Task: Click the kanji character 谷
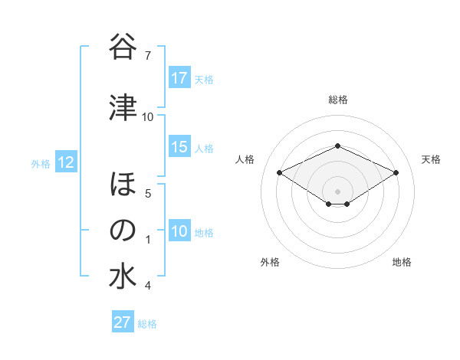[x=122, y=47]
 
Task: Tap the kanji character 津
[x=122, y=109]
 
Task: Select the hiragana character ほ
[x=122, y=185]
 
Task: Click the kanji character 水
[x=122, y=277]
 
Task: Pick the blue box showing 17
[x=179, y=78]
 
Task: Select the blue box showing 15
[x=179, y=147]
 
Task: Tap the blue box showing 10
[x=179, y=231]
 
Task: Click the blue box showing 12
[x=65, y=162]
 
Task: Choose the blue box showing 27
[x=123, y=322]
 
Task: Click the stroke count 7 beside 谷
[x=147, y=55]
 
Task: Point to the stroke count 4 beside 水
[x=147, y=286]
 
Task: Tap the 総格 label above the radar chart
[x=337, y=100]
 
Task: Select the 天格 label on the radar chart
[x=431, y=159]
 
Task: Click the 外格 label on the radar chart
[x=270, y=262]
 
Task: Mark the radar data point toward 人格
[x=280, y=172]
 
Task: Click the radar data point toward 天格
[x=396, y=172]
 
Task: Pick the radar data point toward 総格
[x=337, y=146]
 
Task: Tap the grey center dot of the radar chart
[x=337, y=190]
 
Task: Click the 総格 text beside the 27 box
[x=147, y=324]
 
